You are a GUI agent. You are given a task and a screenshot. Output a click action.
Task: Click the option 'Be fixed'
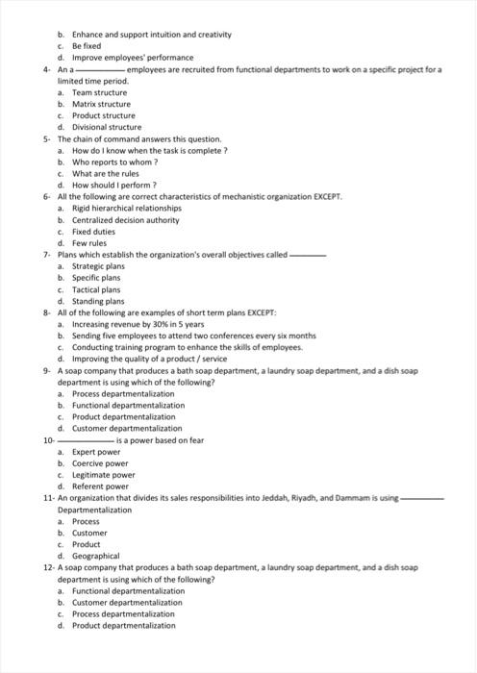pyautogui.click(x=86, y=46)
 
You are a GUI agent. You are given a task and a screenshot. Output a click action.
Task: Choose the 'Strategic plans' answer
pyautogui.click(x=98, y=266)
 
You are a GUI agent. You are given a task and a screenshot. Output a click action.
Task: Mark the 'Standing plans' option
pyautogui.click(x=98, y=301)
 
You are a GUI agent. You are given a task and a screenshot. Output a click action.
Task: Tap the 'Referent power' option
pyautogui.click(x=100, y=486)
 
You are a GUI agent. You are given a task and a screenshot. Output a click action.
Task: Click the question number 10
pyautogui.click(x=48, y=440)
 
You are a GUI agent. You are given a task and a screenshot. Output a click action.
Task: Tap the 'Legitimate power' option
pyautogui.click(x=103, y=475)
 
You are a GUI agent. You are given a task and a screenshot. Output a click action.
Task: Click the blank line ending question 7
pyautogui.click(x=309, y=255)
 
